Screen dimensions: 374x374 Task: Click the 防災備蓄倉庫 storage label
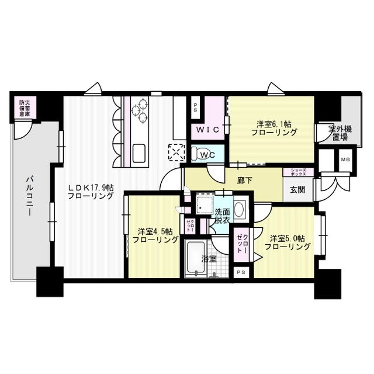(x=24, y=109)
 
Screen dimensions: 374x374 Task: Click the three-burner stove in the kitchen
(x=140, y=111)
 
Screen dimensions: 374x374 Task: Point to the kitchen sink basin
(x=141, y=153)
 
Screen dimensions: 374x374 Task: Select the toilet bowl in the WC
(x=205, y=154)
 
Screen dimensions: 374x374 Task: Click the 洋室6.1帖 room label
(x=273, y=124)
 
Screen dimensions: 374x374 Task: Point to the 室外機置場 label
(x=338, y=132)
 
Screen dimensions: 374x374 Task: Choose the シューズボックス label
(x=298, y=172)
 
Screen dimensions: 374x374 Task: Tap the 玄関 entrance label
(x=296, y=189)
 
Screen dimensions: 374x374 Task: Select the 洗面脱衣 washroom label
(x=222, y=216)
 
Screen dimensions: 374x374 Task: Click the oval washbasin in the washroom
(x=239, y=209)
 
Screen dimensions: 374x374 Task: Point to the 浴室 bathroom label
(x=209, y=258)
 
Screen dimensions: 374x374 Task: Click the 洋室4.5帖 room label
(x=154, y=235)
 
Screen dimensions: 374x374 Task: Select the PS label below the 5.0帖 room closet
(x=241, y=273)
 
